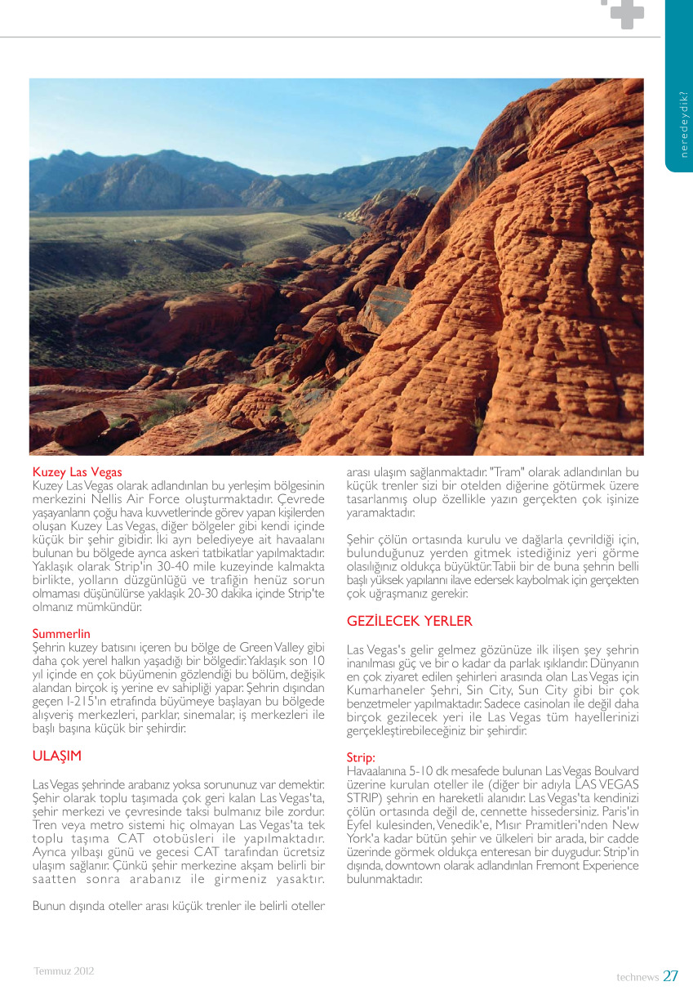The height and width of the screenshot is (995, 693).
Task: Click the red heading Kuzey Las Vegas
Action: tap(77, 472)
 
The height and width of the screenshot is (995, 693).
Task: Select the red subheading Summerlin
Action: tap(61, 633)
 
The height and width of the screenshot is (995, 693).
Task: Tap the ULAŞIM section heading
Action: tap(56, 756)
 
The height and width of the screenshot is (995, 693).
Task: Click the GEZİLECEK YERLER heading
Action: tap(410, 621)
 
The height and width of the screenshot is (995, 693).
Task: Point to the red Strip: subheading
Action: tap(361, 757)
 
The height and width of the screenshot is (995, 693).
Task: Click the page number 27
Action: tap(670, 975)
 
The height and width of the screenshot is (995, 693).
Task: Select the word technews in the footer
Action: tap(637, 977)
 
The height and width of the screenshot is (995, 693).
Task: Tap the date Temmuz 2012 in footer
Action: tap(64, 971)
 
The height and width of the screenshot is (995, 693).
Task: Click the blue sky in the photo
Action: tap(245, 114)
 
